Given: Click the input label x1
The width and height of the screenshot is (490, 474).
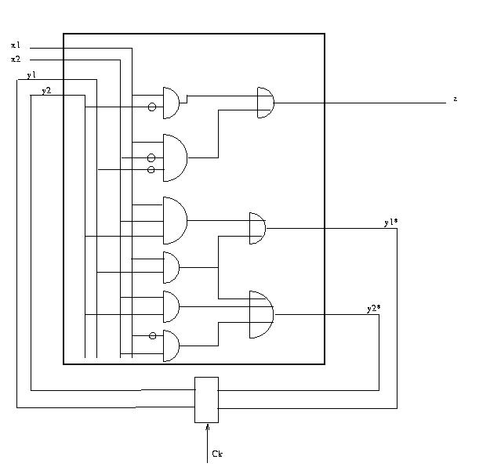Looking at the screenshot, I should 16,45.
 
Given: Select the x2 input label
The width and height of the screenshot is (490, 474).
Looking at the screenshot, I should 16,60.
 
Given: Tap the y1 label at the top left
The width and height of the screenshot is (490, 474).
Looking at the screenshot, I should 31,75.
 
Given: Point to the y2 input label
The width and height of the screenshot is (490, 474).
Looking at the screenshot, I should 46,91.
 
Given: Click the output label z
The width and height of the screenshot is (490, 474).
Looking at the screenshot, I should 455,100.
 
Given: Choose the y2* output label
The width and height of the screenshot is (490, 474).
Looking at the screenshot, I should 373,309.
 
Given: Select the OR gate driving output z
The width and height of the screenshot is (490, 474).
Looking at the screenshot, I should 266,103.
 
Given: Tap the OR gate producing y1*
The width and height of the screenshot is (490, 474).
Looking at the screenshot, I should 256,228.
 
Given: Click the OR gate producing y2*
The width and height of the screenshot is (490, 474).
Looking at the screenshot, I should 260,314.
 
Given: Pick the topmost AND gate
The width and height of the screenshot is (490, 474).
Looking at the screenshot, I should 171,102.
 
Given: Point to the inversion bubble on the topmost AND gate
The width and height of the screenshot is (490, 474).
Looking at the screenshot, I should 152,107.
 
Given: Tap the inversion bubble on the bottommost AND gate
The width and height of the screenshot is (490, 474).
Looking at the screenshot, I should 152,337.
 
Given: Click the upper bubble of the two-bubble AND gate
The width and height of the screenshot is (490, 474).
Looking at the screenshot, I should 151,158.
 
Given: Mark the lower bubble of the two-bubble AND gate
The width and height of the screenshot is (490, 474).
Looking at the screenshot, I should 151,169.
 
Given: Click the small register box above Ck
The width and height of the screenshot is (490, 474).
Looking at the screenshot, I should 206,400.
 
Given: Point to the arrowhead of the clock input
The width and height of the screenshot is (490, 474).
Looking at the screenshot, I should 207,428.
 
